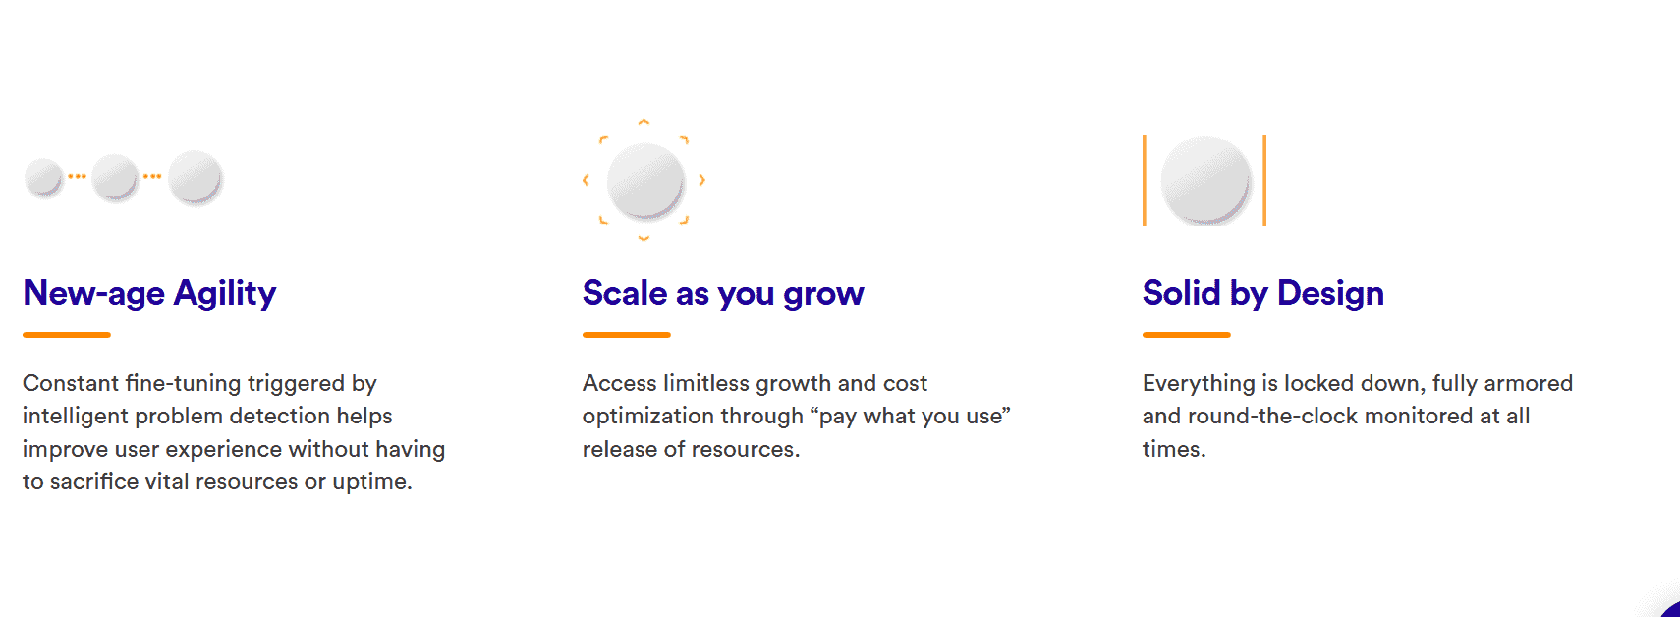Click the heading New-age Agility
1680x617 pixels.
[x=149, y=293]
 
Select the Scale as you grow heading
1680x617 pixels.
[x=723, y=293]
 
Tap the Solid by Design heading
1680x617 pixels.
[x=1263, y=293]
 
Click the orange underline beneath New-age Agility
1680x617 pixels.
[x=67, y=335]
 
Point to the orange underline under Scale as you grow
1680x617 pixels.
[x=626, y=335]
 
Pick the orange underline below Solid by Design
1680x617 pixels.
[x=1187, y=335]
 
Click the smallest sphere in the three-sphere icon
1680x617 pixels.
[x=43, y=178]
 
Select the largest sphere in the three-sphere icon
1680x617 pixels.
[x=195, y=177]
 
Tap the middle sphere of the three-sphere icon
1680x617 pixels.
[x=116, y=178]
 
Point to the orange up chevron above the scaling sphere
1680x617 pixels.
[x=644, y=122]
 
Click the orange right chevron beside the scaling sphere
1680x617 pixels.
[x=702, y=180]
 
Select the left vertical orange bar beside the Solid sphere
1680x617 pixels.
[x=1145, y=180]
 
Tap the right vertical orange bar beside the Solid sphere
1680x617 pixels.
[x=1264, y=180]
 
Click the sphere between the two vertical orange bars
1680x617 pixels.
[x=1205, y=180]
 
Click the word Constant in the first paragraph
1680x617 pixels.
[x=71, y=383]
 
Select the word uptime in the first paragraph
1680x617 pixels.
[x=372, y=482]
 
